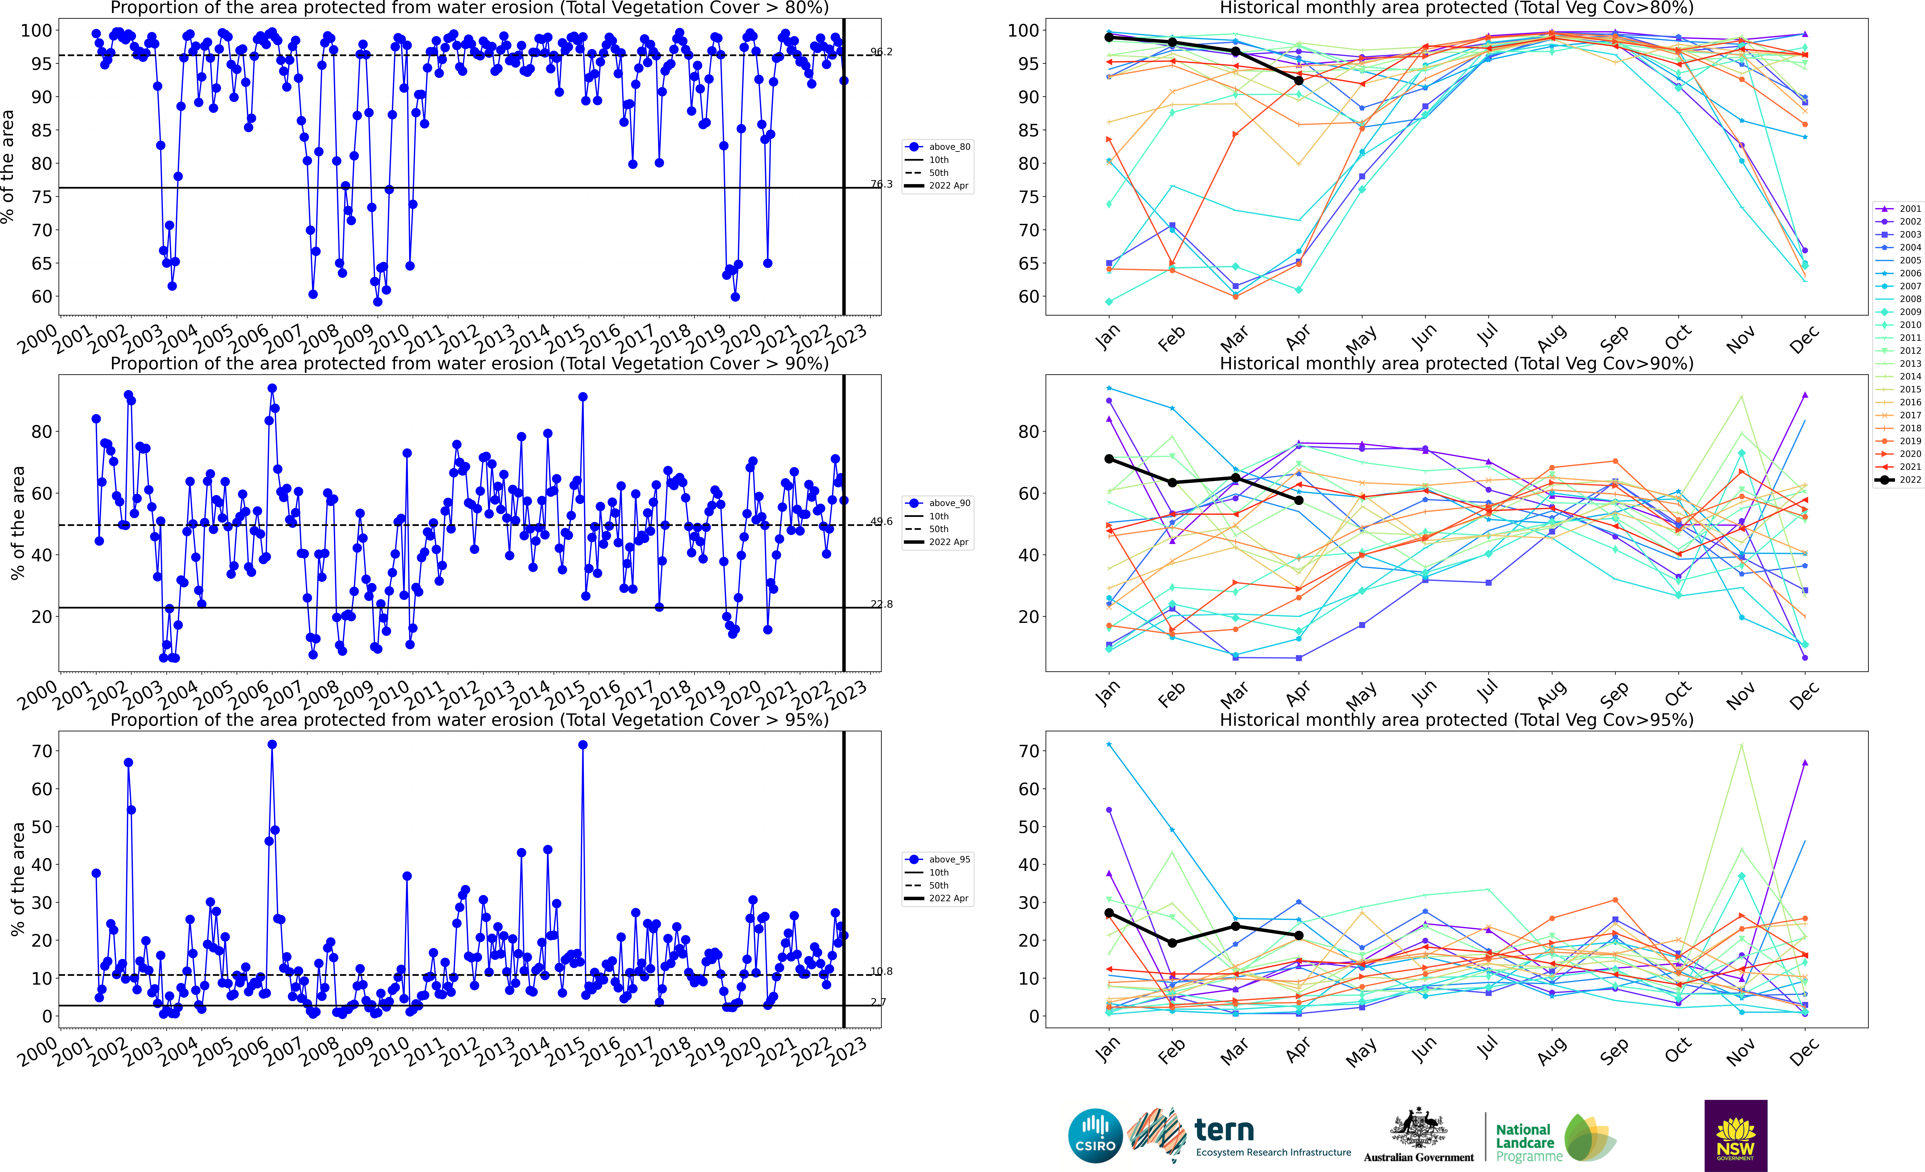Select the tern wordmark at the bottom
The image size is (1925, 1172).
tap(1224, 1130)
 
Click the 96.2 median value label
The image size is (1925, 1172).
tap(881, 52)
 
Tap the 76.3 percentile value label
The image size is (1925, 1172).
tap(881, 184)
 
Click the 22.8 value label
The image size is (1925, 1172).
tap(881, 604)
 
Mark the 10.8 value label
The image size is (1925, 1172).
tap(881, 971)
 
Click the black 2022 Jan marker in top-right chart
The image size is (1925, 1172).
tap(1109, 38)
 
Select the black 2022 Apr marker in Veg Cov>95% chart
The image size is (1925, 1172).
tap(1298, 935)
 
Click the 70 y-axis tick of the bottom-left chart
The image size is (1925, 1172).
tap(42, 751)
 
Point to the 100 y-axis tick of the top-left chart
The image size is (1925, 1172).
tap(36, 30)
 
